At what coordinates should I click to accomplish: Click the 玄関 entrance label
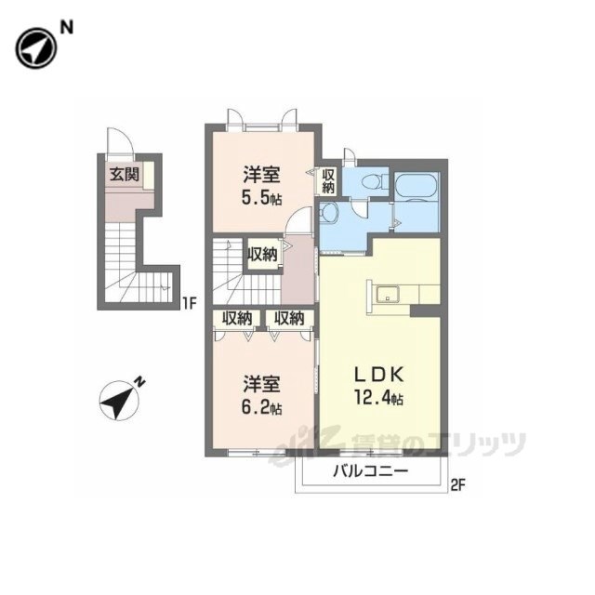[x=124, y=175]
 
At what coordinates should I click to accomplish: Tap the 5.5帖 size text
[x=262, y=198]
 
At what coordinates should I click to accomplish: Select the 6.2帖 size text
[x=262, y=407]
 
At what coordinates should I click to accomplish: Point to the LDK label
[x=378, y=376]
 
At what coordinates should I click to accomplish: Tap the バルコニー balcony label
[x=371, y=471]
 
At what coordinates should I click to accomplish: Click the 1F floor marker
[x=190, y=303]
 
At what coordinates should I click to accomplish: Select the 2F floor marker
[x=458, y=484]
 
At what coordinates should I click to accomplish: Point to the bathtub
[x=416, y=186]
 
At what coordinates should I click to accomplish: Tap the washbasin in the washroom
[x=328, y=213]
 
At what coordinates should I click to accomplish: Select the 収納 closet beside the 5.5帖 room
[x=328, y=180]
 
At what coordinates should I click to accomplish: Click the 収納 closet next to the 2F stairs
[x=262, y=254]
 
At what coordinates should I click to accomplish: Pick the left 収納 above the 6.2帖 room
[x=237, y=318]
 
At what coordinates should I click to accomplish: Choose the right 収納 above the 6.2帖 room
[x=289, y=318]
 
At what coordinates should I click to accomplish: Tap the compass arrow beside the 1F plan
[x=118, y=400]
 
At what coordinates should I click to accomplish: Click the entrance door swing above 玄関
[x=120, y=141]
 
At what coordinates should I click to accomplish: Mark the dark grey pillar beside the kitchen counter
[x=426, y=311]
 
